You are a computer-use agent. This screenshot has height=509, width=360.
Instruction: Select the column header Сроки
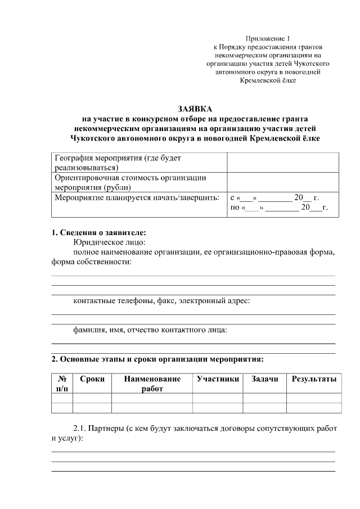tap(92, 379)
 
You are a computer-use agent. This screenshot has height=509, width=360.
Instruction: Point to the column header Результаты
tap(314, 379)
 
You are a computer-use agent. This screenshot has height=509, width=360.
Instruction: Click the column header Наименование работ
tap(152, 384)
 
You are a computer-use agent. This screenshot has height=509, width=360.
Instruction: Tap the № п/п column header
tap(62, 384)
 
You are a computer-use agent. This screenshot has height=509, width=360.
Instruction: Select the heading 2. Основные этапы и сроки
tap(157, 358)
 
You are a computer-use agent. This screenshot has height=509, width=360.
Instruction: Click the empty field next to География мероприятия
tap(283, 163)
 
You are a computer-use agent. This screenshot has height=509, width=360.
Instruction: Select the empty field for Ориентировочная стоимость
tap(283, 182)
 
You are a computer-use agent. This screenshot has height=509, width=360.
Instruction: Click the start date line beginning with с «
tap(275, 198)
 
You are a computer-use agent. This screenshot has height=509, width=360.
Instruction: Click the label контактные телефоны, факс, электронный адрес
tap(161, 300)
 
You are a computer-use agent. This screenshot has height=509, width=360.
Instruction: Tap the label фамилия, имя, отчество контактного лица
tap(150, 330)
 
